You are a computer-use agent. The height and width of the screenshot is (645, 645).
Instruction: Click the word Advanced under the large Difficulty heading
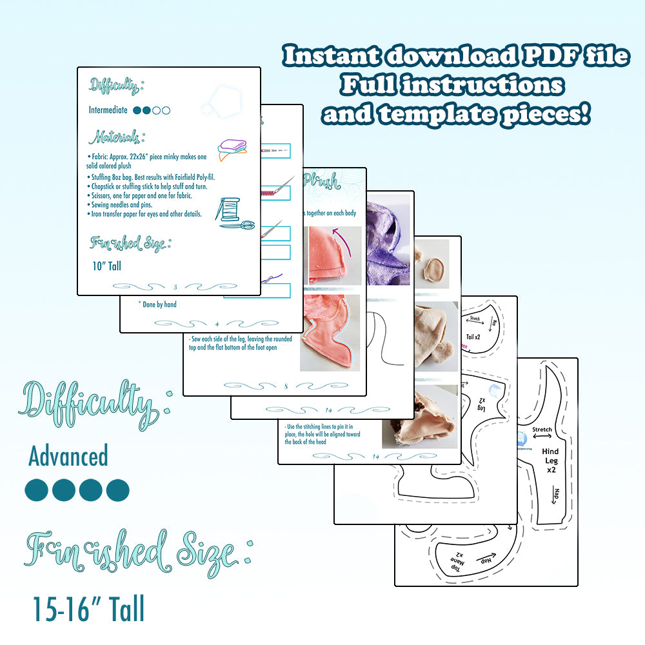pyautogui.click(x=68, y=457)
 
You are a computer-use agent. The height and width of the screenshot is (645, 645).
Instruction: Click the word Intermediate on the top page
pyautogui.click(x=108, y=110)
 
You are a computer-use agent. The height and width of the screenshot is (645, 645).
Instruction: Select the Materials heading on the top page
pyautogui.click(x=116, y=137)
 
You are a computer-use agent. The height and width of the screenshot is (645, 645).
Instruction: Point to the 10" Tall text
pyautogui.click(x=106, y=265)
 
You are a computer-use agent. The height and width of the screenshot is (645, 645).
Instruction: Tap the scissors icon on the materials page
pyautogui.click(x=237, y=225)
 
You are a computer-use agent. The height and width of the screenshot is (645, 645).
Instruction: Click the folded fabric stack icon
pyautogui.click(x=232, y=150)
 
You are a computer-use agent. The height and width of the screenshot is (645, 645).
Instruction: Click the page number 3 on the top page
pyautogui.click(x=175, y=286)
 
